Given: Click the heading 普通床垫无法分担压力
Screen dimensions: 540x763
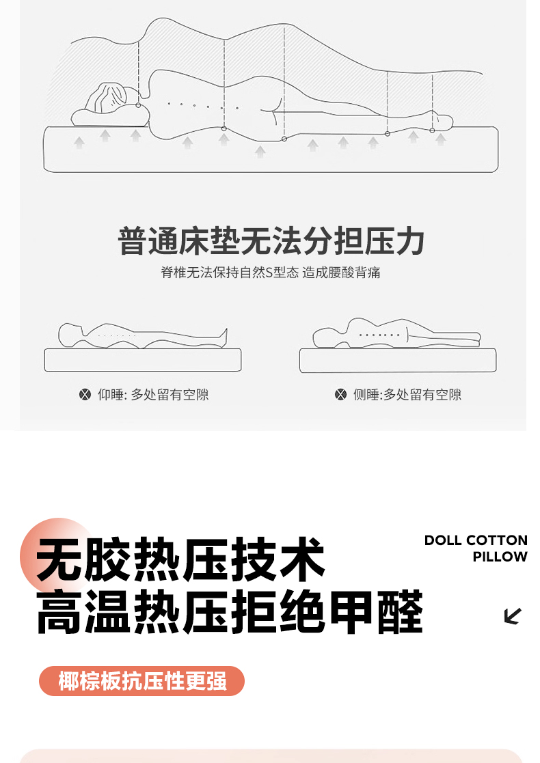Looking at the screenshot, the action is (271, 241).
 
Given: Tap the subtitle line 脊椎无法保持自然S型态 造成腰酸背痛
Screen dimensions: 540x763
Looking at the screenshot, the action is (270, 273).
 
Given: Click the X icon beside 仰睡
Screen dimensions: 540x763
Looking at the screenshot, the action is (85, 395).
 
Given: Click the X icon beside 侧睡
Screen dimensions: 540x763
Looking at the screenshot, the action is (341, 395).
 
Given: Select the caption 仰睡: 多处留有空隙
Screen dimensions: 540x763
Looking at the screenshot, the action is (153, 395).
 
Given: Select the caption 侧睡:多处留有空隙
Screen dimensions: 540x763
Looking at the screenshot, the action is (407, 395).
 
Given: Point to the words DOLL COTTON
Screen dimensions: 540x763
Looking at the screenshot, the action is (476, 540).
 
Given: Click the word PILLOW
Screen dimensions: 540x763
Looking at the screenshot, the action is (500, 557).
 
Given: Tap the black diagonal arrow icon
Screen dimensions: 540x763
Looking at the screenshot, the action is (513, 616).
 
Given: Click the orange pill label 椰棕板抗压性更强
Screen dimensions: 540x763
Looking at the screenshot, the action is (141, 681).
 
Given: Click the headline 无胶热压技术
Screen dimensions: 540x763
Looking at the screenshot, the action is (180, 559).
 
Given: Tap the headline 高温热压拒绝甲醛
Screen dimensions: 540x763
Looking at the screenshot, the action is (230, 611).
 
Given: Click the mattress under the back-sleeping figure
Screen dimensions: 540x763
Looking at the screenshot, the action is (143, 360).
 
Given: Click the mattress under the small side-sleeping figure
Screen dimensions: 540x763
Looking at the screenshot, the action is (398, 361).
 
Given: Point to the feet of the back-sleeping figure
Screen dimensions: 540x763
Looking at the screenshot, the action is (224, 337).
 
